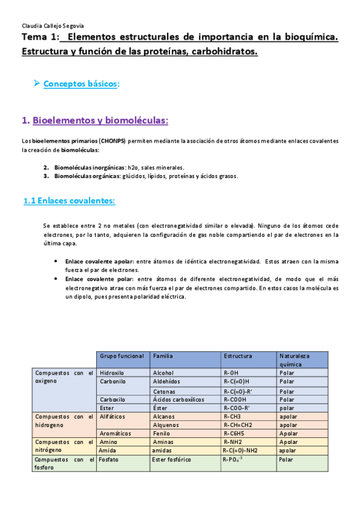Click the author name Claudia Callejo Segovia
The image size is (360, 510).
coord(52,26)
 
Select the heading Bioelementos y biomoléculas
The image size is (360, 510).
coord(100,121)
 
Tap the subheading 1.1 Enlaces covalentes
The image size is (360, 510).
coord(69,201)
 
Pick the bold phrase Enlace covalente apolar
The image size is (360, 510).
coord(99,262)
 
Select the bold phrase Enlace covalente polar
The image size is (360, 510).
coord(96,279)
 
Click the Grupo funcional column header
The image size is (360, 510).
coord(122,356)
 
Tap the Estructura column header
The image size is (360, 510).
coord(238,356)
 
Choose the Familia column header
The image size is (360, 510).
coord(163,356)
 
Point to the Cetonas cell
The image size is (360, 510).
coord(164,390)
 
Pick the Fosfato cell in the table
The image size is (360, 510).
coord(110,460)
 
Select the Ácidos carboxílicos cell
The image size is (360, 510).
coord(179,399)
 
